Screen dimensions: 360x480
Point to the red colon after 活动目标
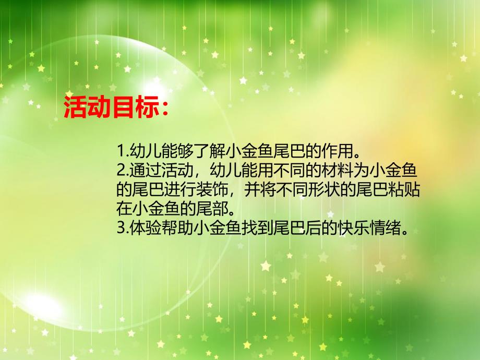point(163,109)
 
